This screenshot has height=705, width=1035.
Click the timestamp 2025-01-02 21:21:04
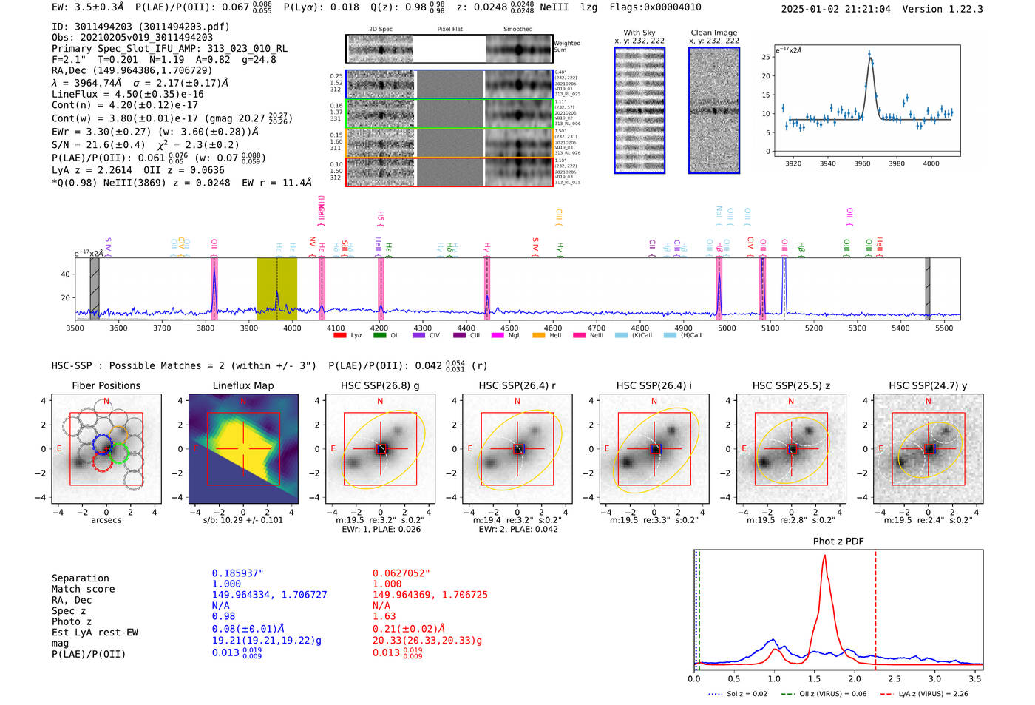pos(835,9)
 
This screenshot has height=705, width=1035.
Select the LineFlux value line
pos(127,95)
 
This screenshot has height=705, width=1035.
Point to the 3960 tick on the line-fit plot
pos(862,163)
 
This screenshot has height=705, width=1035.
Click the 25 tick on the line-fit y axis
pos(766,57)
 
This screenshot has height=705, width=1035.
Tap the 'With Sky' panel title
pos(639,33)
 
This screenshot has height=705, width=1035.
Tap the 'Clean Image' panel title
pos(713,33)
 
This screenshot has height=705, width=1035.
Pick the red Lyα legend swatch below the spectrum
pos(340,336)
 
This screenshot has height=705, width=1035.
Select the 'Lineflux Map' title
pos(242,385)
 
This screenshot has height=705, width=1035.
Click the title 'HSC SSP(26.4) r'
pos(517,385)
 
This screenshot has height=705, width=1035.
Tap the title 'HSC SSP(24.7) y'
pos(928,385)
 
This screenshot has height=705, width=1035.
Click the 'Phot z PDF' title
pos(838,542)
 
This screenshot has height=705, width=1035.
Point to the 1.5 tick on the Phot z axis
pos(814,678)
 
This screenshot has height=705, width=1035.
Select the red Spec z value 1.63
pos(384,616)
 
